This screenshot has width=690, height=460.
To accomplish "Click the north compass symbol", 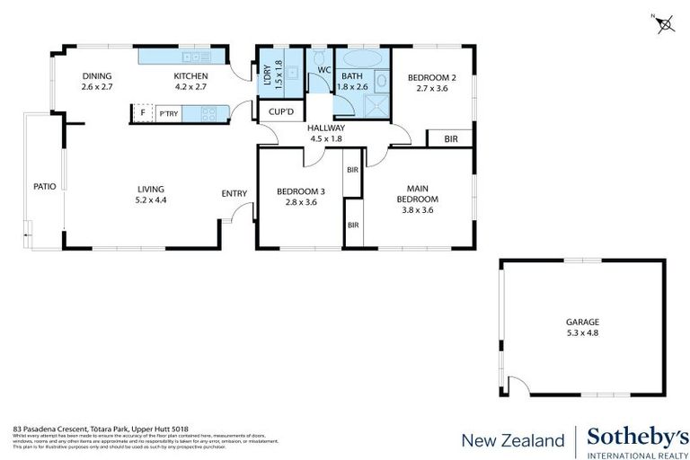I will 664,24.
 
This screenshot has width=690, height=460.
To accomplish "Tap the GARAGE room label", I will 582,322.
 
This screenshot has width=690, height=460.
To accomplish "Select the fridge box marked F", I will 142,113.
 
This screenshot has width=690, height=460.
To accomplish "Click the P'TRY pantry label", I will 168,114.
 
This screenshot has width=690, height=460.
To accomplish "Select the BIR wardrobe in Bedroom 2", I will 450,138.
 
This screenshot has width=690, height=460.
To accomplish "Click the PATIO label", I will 45,187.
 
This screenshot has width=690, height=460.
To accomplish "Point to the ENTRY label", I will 234,193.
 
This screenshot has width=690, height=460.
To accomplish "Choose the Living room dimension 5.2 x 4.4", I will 152,200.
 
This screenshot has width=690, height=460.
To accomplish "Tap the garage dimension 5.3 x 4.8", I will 582,333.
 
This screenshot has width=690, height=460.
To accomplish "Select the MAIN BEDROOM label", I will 418,193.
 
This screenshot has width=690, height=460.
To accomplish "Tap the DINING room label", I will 96,76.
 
